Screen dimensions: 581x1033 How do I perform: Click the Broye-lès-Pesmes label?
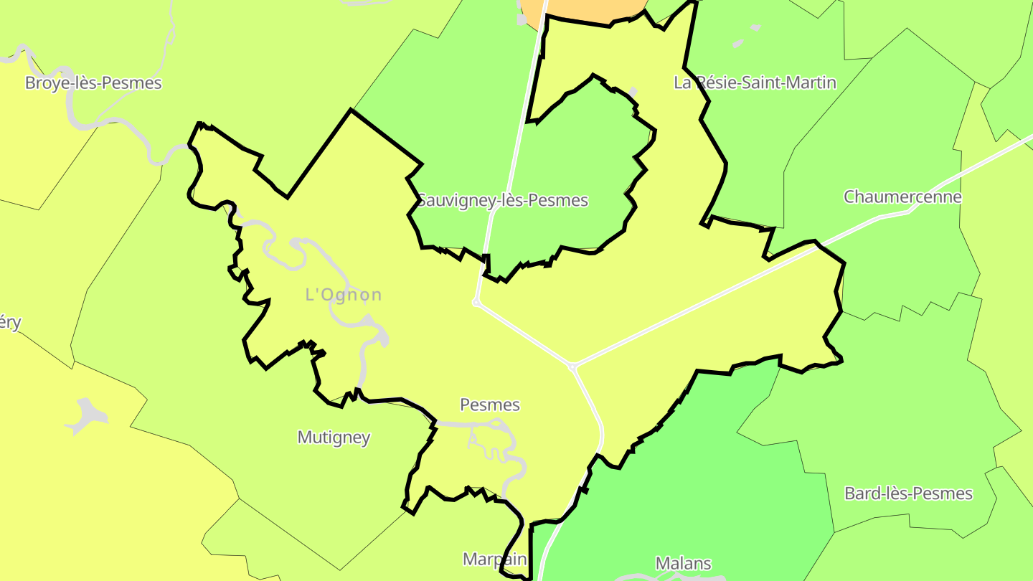click(x=93, y=83)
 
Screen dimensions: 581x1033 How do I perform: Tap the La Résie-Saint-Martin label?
click(x=755, y=82)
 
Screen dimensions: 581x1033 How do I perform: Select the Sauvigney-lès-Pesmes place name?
click(x=503, y=201)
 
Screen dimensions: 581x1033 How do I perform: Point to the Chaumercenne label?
click(x=902, y=197)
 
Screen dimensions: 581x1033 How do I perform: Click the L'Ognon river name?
click(x=344, y=295)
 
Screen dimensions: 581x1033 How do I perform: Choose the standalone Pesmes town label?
click(x=489, y=405)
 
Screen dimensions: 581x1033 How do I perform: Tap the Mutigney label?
click(x=334, y=437)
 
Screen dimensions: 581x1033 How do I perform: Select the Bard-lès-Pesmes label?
click(x=908, y=493)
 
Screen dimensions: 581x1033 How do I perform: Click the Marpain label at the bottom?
click(x=494, y=559)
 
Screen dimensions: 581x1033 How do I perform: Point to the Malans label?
click(x=683, y=563)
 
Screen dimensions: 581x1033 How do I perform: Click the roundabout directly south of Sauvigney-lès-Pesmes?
click(x=476, y=303)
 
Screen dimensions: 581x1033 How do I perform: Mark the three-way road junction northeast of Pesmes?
click(x=572, y=367)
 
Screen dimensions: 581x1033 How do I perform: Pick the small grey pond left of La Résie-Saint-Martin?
click(x=632, y=92)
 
